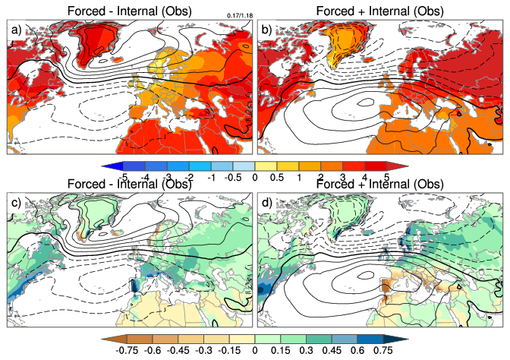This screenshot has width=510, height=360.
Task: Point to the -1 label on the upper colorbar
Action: [210, 176]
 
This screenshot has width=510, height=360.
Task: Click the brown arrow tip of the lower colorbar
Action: [105, 337]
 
